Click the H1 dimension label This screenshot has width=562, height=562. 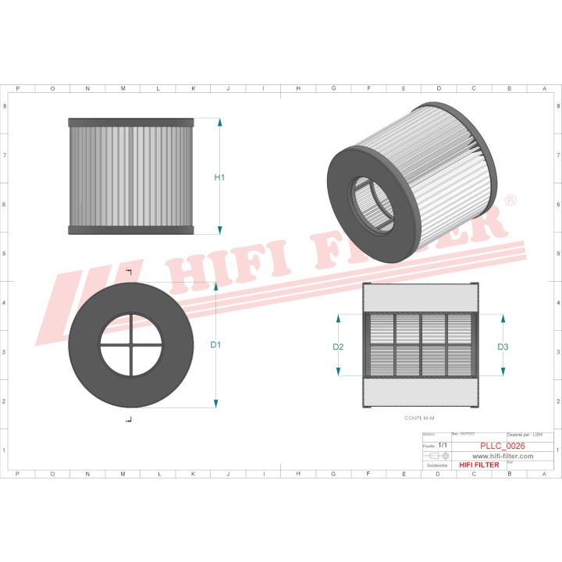219,177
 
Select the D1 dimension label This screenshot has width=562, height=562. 216,344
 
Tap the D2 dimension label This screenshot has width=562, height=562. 339,346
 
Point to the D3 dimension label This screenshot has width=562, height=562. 503,346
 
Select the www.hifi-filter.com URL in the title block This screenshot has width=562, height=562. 493,456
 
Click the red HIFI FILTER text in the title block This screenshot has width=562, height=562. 478,465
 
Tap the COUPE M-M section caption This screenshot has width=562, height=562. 419,419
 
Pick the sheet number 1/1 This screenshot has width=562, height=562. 443,445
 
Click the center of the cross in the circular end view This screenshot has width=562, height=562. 131,344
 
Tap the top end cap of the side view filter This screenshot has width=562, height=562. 130,123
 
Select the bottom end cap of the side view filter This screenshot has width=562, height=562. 130,230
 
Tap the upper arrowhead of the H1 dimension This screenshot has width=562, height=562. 219,123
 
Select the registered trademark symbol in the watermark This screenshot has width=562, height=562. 509,201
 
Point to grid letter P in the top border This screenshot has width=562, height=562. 17,88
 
